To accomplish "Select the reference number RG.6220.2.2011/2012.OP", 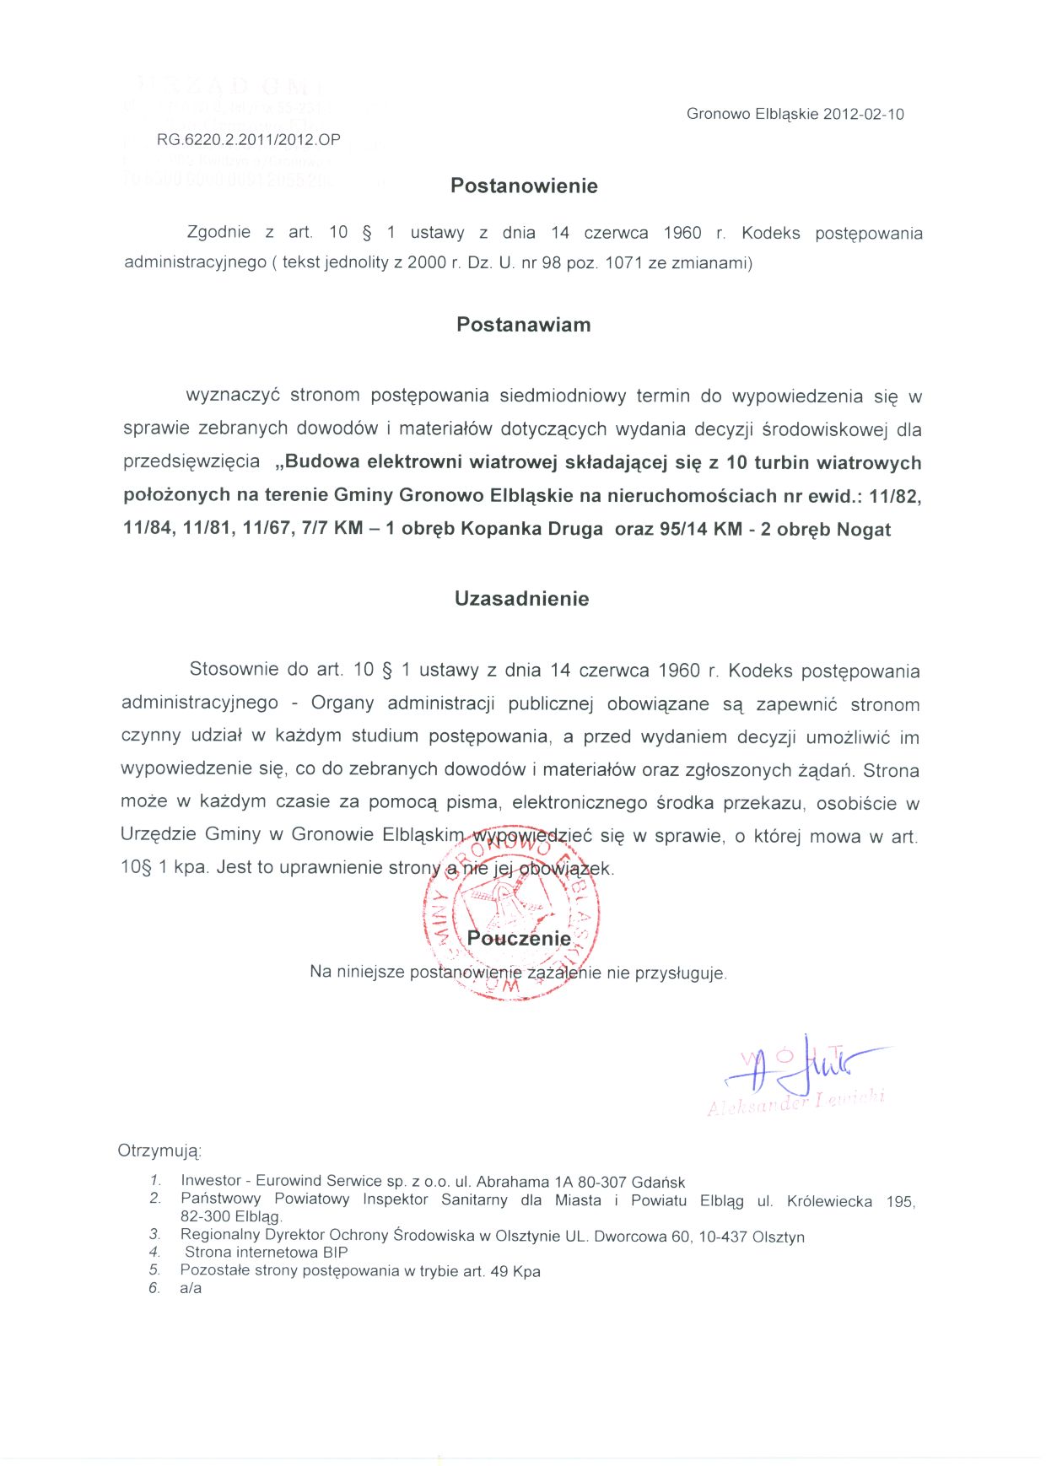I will [x=249, y=140].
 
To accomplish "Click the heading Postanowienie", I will [x=524, y=186].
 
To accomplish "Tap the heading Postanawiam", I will [x=523, y=325].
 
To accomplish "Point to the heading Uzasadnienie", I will [x=521, y=599].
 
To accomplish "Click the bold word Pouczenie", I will [x=519, y=939].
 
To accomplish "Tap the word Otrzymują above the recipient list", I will [x=159, y=1151].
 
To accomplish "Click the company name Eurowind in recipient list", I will [x=288, y=1182].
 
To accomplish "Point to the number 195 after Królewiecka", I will [x=900, y=1201].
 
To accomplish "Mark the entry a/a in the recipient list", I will [x=191, y=1289].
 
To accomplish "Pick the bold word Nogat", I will [x=864, y=530].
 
